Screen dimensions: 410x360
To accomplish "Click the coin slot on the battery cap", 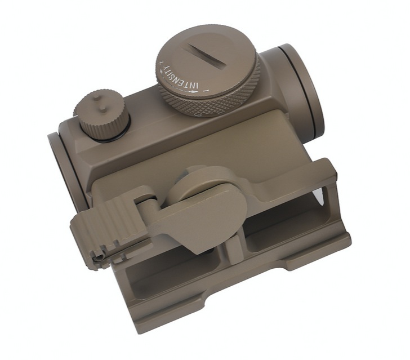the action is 207,55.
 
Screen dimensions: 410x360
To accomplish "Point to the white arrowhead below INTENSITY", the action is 194,92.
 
